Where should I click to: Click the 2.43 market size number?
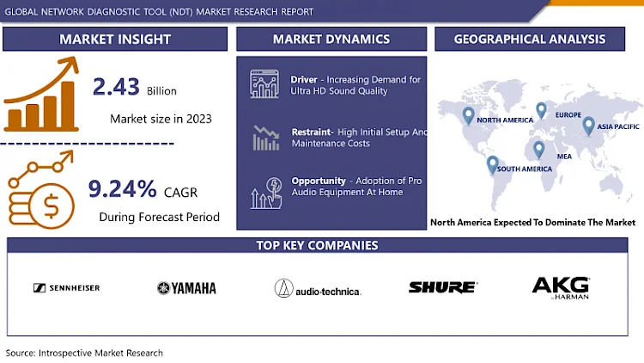coord(116,87)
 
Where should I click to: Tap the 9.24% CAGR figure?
coord(123,189)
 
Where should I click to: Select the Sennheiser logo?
coord(66,288)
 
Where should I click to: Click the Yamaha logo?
coord(186,288)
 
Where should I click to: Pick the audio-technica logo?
coord(318,288)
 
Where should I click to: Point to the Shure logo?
coord(443,287)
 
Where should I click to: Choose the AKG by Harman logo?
coord(561,288)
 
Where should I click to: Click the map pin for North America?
coord(468,115)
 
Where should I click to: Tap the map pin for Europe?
coord(541,110)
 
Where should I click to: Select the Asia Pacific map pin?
coord(588,126)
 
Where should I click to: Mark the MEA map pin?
coord(539,150)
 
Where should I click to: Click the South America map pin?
coord(493,164)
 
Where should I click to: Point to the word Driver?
coord(304,79)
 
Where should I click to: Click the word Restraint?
coord(312,132)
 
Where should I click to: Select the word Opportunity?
coord(319,181)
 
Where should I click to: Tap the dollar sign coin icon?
coord(52,206)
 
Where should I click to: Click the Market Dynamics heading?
coord(331,39)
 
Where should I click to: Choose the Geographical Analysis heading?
coord(530,39)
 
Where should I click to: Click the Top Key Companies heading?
coord(317,245)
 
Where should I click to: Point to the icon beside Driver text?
coord(264,83)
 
